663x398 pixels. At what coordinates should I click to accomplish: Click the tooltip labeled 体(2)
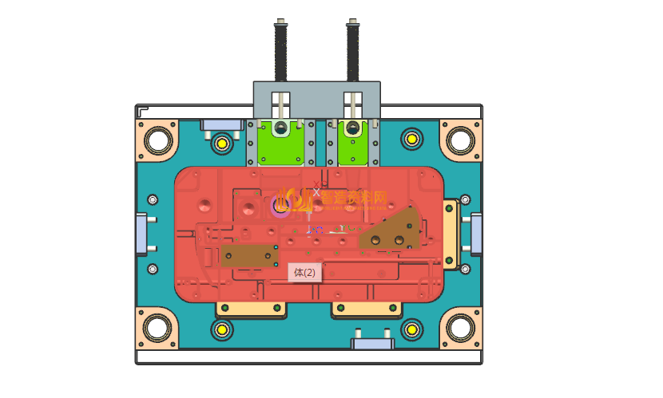(x=304, y=273)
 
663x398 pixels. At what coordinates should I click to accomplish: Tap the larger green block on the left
(x=280, y=144)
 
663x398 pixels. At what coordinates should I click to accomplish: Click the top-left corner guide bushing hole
(x=157, y=140)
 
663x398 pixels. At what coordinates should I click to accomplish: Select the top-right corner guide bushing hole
(x=460, y=140)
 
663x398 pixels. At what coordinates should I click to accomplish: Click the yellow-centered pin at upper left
(x=221, y=144)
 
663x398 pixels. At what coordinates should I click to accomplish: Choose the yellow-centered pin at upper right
(x=411, y=139)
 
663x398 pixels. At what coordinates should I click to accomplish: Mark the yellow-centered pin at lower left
(x=221, y=328)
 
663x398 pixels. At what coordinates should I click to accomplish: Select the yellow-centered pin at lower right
(x=411, y=328)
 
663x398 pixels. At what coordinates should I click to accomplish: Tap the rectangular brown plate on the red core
(x=248, y=255)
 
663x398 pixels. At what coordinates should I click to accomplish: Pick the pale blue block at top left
(x=221, y=124)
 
